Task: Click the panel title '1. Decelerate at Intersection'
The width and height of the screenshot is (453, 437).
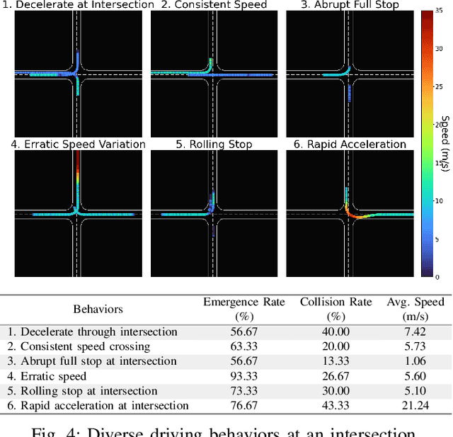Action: (x=78, y=5)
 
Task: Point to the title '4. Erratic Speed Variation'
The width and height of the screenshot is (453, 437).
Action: (x=78, y=144)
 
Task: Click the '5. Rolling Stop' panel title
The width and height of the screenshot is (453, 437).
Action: (x=214, y=144)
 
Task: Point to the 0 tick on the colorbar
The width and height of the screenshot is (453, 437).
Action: (x=439, y=276)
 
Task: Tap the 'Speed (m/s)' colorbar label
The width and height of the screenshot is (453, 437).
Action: (x=445, y=144)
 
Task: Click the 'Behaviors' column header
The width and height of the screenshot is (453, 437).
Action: (x=98, y=309)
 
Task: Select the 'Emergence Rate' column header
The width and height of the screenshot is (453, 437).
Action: (x=243, y=302)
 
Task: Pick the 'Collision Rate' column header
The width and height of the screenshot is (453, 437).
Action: (x=336, y=302)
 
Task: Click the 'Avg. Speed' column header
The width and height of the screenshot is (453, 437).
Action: (x=415, y=302)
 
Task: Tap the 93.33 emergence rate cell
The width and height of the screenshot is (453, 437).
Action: (x=243, y=376)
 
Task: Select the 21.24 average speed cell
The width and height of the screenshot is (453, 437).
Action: (x=415, y=406)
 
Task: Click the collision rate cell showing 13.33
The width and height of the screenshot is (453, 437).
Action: (x=335, y=361)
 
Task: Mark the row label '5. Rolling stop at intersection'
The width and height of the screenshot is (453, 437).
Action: (x=82, y=391)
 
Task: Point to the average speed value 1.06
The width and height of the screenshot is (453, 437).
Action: (x=415, y=361)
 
